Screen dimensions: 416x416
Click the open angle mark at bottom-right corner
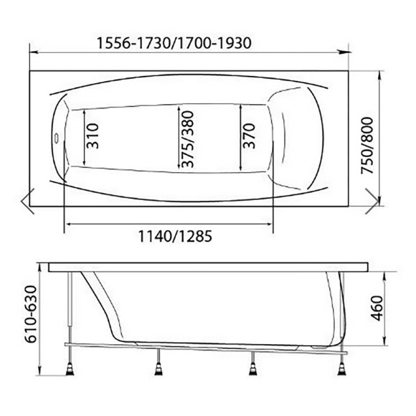(x=372, y=201)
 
